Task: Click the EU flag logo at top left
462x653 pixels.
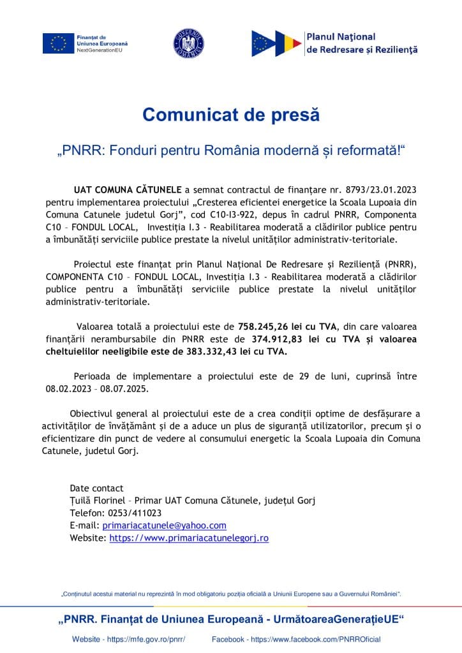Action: (x=57, y=43)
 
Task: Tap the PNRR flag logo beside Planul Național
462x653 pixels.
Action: (x=276, y=43)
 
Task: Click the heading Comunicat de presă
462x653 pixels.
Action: (x=230, y=115)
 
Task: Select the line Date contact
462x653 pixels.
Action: (x=96, y=488)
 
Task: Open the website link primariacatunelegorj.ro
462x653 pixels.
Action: (x=189, y=538)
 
